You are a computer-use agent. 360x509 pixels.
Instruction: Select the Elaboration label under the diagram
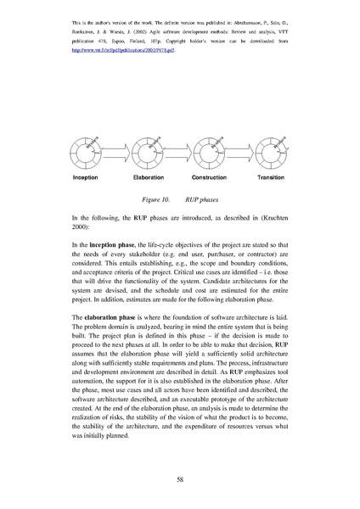149,178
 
